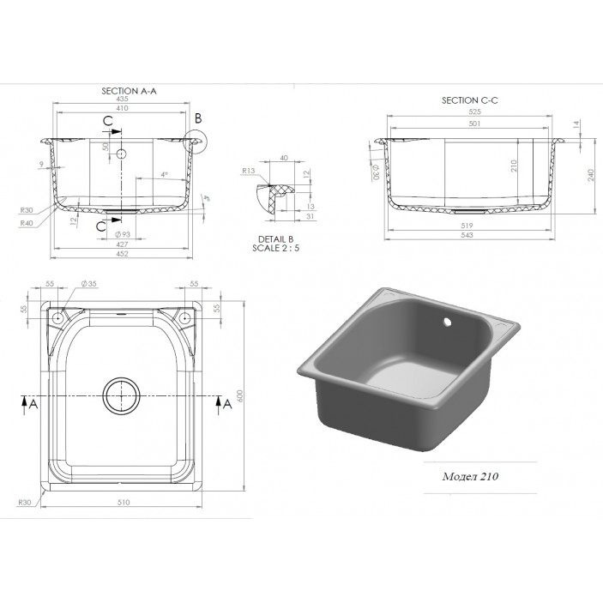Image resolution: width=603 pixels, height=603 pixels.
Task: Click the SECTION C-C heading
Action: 469,100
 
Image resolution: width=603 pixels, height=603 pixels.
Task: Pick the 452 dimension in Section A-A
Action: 123,253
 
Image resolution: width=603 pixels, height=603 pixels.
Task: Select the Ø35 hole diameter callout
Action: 87,283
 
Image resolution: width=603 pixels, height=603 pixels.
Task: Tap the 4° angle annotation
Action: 163,175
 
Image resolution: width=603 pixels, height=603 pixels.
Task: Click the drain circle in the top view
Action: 121,395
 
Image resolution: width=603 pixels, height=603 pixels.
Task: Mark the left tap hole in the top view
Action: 57,318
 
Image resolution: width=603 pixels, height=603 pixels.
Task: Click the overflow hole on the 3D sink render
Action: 446,324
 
